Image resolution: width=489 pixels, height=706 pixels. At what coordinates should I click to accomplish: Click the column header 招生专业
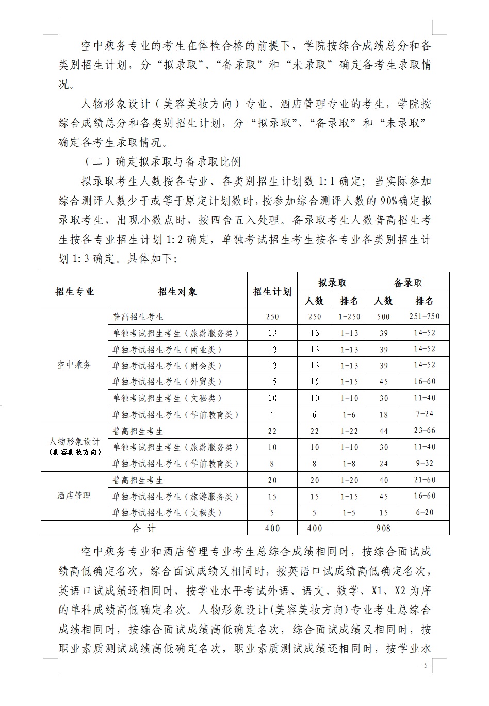[x=75, y=292]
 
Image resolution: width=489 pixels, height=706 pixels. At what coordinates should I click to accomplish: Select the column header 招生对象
[x=177, y=292]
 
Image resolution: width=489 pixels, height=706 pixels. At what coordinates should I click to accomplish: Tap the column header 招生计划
[x=272, y=292]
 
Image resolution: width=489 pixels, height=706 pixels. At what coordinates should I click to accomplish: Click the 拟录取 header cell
[x=332, y=283]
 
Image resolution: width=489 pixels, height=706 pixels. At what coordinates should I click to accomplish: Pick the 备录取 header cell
[x=407, y=283]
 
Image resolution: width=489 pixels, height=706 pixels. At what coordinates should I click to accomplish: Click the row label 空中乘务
[x=74, y=365]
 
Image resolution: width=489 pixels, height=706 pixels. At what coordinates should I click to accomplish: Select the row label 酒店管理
[x=74, y=496]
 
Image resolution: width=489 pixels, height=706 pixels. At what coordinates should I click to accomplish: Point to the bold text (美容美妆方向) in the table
[x=74, y=452]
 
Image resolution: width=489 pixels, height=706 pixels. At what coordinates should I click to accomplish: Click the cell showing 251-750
[x=424, y=316]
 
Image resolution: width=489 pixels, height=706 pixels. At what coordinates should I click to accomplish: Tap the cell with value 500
[x=383, y=317]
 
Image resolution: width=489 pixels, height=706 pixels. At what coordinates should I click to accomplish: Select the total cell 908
[x=383, y=528]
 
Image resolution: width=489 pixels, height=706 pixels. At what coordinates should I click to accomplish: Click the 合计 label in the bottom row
[x=144, y=528]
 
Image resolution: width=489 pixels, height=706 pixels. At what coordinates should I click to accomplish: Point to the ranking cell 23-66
[x=424, y=431]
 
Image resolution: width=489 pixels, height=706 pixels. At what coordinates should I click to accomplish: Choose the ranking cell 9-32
[x=424, y=463]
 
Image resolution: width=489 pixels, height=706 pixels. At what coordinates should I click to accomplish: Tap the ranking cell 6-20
[x=424, y=512]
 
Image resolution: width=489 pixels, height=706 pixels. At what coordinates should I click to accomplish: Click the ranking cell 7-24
[x=424, y=414]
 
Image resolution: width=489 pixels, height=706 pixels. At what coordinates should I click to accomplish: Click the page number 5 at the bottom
[x=425, y=666]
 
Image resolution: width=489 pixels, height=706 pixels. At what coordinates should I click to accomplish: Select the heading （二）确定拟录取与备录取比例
[x=162, y=162]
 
